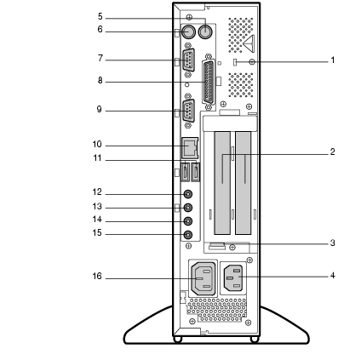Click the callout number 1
pyautogui.click(x=333, y=60)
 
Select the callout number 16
pyautogui.click(x=97, y=276)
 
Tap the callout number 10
pyautogui.click(x=97, y=145)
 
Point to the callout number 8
pyautogui.click(x=100, y=81)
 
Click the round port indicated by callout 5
pyautogui.click(x=205, y=31)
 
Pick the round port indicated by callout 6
pyautogui.click(x=188, y=31)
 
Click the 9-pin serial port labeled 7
pyautogui.click(x=188, y=60)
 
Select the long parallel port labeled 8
pyautogui.click(x=209, y=83)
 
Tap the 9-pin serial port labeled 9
pyautogui.click(x=188, y=111)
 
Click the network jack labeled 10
pyautogui.click(x=190, y=148)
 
